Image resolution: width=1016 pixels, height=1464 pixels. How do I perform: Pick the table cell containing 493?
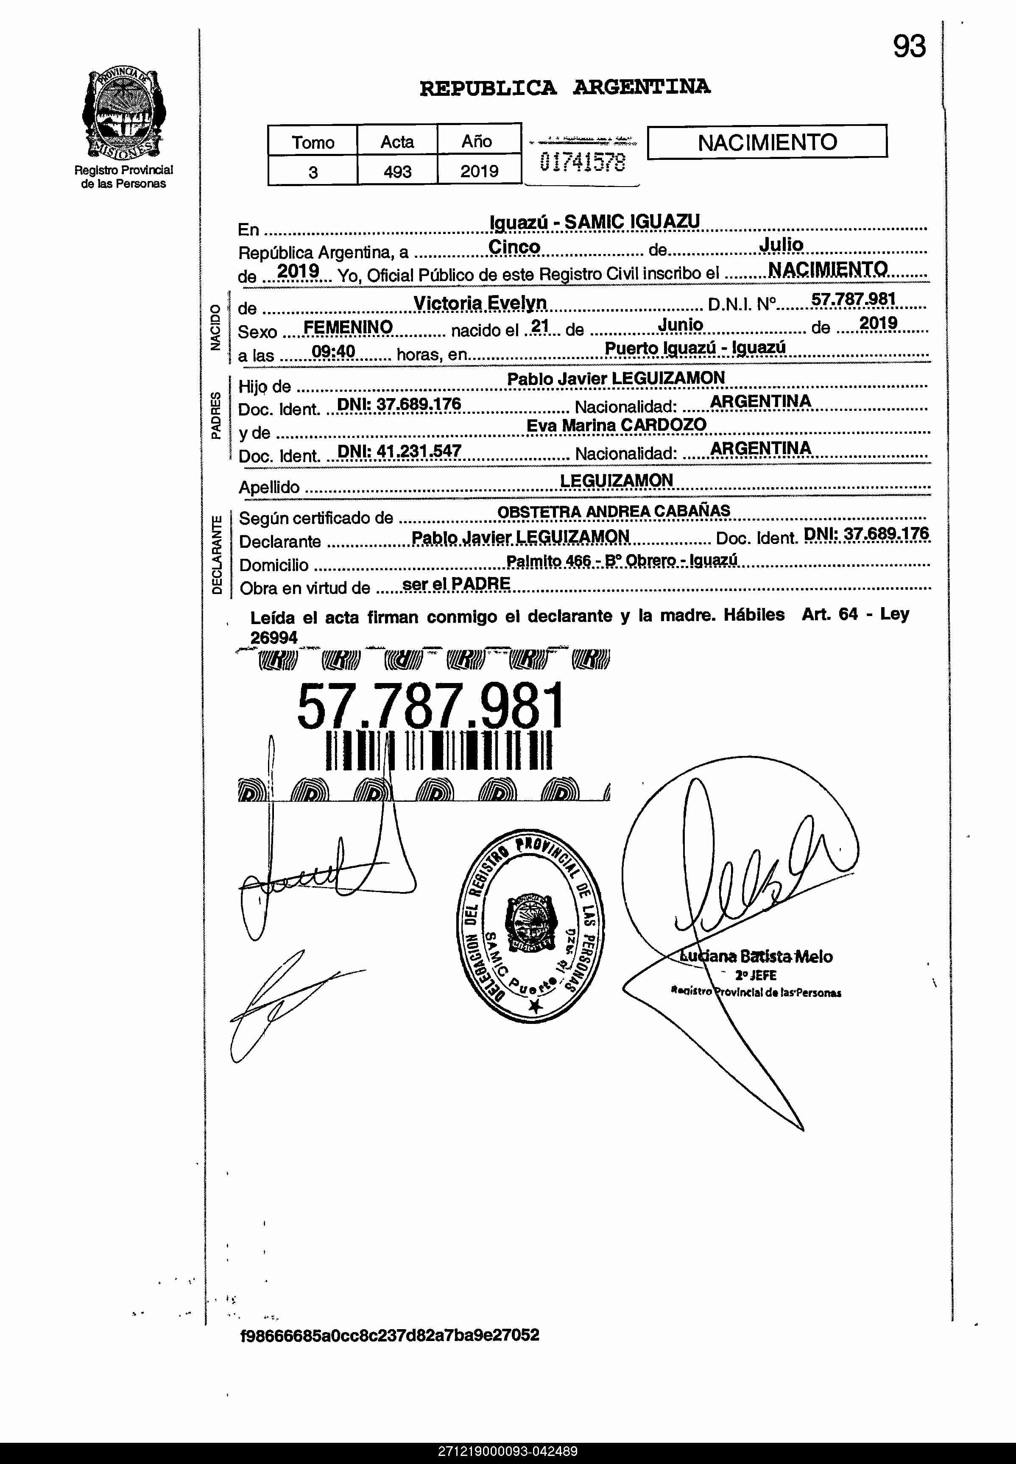[x=397, y=171]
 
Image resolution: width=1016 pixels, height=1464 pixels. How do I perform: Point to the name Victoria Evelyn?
[x=480, y=303]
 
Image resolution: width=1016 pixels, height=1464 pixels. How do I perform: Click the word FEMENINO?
[x=348, y=327]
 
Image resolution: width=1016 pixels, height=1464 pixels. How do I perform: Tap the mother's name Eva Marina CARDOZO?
[x=616, y=425]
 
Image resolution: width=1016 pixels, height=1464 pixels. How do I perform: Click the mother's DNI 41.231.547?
[x=399, y=451]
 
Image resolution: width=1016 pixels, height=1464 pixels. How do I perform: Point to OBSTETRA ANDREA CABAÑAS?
[x=613, y=511]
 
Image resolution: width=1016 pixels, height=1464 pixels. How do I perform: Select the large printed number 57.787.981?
[x=430, y=706]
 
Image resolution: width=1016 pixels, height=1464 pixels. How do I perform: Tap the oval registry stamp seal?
[x=532, y=925]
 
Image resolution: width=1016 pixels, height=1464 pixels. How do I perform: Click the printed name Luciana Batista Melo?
[x=756, y=956]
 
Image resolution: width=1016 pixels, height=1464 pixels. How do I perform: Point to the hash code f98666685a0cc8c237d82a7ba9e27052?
[x=390, y=1335]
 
